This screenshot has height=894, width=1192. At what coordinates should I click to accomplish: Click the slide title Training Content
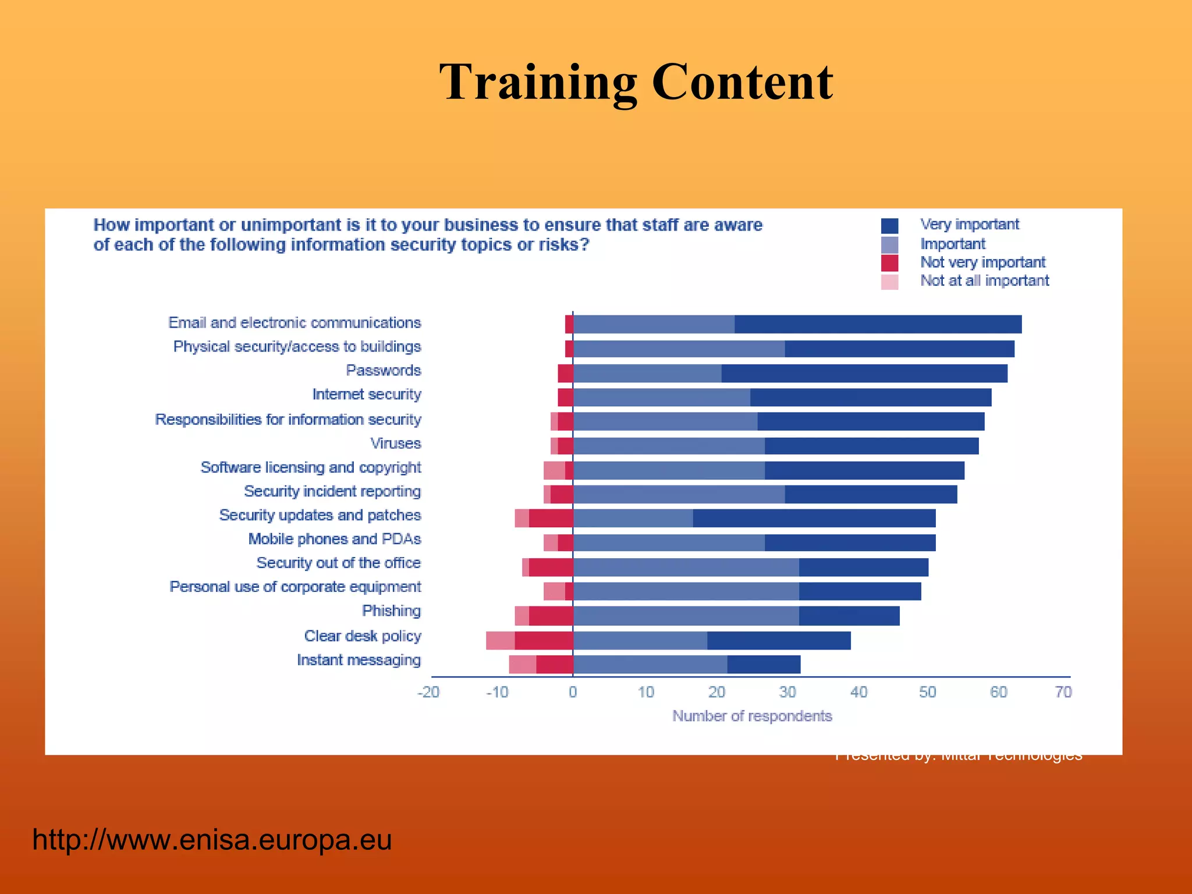tap(636, 83)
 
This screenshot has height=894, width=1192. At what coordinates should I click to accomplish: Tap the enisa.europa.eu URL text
tap(212, 840)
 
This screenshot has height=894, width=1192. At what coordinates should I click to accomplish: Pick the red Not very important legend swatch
tap(889, 263)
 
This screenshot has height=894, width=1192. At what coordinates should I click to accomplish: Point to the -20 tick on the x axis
tap(428, 692)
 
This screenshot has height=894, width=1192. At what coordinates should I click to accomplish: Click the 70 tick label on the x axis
tap(1063, 692)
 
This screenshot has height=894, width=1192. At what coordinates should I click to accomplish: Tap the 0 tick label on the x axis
tap(573, 692)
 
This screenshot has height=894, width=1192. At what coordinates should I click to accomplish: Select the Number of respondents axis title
tap(752, 716)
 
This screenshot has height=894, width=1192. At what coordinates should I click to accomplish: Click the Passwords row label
tap(383, 371)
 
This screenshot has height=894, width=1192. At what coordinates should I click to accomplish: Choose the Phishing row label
tap(391, 611)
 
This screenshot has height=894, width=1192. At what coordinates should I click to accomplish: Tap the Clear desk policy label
tap(362, 636)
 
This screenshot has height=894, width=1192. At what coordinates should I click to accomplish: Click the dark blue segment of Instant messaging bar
tap(764, 665)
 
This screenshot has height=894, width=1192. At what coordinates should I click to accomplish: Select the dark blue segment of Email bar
tap(878, 324)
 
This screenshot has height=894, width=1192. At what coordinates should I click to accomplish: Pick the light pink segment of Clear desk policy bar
tap(500, 641)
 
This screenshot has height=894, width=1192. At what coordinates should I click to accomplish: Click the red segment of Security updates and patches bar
tap(551, 518)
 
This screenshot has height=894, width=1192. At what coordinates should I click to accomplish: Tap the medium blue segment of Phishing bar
tap(686, 616)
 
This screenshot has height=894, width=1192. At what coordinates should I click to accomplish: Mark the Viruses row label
tap(395, 444)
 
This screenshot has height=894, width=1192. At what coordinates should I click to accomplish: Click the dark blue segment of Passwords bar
tap(864, 374)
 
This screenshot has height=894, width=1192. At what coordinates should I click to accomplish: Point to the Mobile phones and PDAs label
tap(334, 540)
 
